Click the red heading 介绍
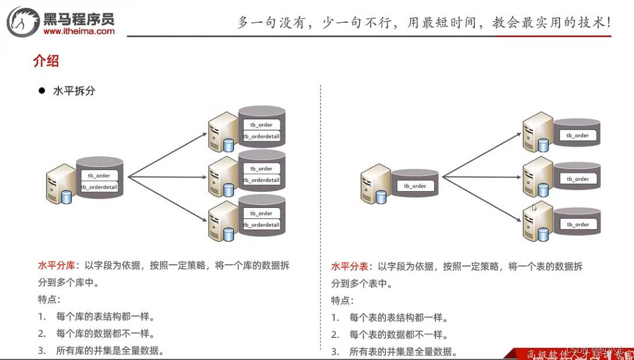(46, 61)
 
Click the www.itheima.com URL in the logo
(79, 31)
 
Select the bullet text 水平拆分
(74, 91)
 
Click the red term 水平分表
(350, 267)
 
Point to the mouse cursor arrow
(534, 207)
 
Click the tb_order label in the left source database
(99, 175)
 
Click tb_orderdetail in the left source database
(99, 187)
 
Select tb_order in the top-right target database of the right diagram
(577, 135)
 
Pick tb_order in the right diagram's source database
(415, 186)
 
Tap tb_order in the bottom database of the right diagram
(577, 224)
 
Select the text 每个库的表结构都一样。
(105, 317)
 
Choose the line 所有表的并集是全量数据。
(403, 352)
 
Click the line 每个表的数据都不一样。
(399, 335)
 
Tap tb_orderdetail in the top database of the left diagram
(262, 136)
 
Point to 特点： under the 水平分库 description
(50, 300)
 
